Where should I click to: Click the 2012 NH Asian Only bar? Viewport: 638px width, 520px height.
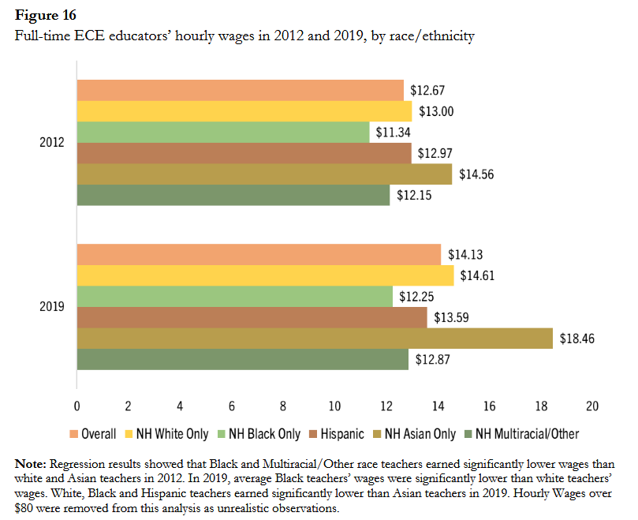264,174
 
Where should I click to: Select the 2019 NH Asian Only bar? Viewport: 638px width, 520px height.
315,339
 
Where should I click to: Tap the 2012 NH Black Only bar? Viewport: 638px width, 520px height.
223,133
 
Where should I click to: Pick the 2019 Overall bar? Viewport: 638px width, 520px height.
259,255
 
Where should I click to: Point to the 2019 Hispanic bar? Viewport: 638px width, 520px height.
252,317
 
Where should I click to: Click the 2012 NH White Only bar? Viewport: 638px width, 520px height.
244,111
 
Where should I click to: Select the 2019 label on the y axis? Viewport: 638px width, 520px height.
52,307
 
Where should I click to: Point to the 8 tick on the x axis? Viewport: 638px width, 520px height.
283,406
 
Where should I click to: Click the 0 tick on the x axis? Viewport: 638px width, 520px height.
76,406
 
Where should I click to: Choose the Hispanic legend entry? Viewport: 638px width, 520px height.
337,433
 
